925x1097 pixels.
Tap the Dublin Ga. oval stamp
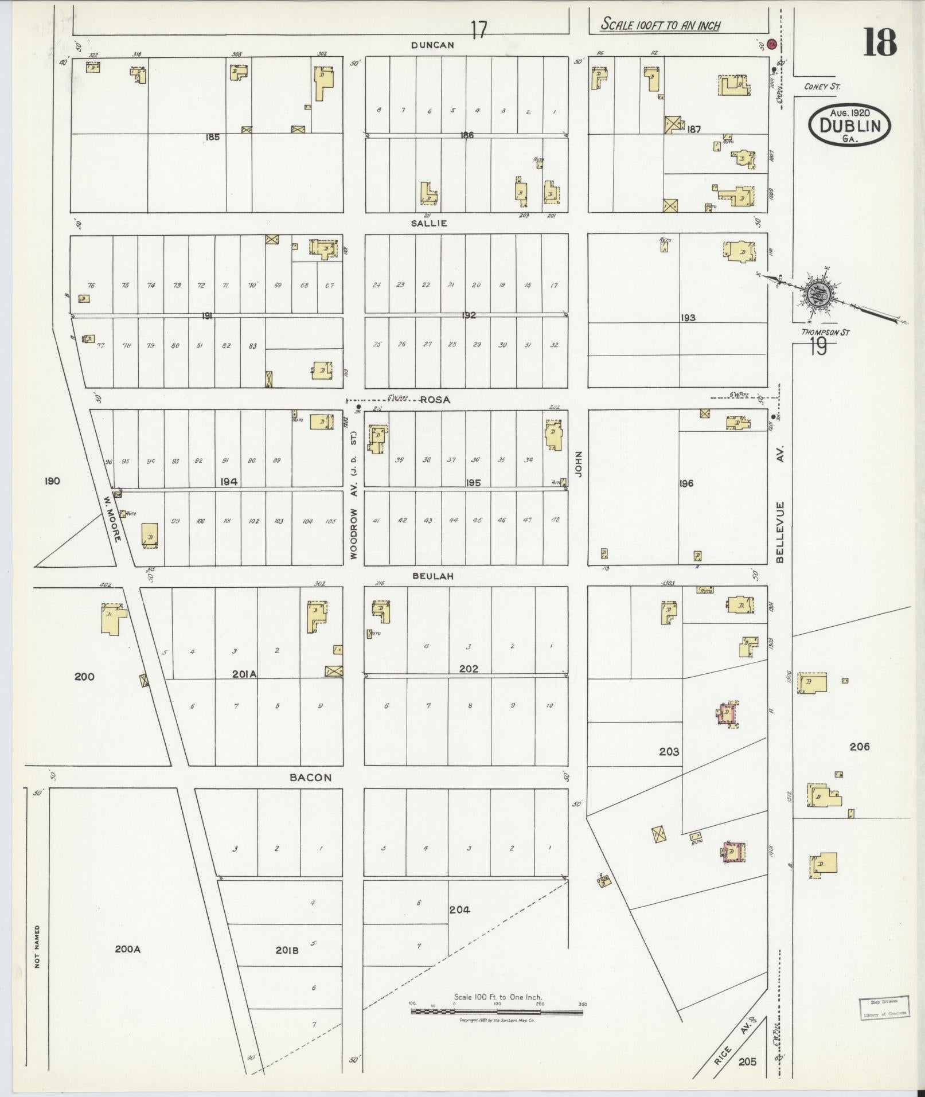(x=849, y=126)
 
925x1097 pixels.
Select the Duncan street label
(x=433, y=45)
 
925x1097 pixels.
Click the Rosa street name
(x=435, y=400)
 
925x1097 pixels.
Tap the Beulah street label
(x=433, y=576)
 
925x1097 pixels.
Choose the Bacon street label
(x=310, y=778)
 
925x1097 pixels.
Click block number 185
(x=212, y=137)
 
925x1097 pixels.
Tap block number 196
(x=686, y=483)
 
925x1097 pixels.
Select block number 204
(x=459, y=909)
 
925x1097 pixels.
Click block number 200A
(x=127, y=949)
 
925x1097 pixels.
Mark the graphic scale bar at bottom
(x=497, y=1011)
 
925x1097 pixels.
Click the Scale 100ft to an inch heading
(x=660, y=25)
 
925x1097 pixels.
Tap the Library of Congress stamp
(x=883, y=1008)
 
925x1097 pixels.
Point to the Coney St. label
(x=822, y=87)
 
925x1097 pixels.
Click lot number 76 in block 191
(x=91, y=286)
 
